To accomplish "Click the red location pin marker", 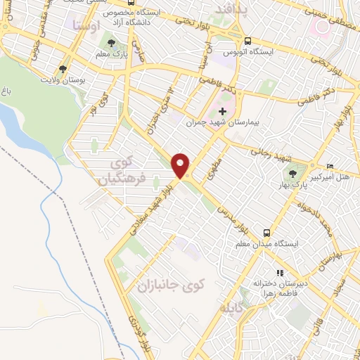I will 181,165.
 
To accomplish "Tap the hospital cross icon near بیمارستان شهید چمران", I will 223,111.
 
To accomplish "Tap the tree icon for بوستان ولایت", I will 63,69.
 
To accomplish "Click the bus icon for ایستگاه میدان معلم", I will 266,231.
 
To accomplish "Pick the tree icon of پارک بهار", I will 290,172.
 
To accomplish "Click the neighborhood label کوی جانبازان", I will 169,284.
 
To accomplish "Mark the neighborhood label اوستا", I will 86,25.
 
